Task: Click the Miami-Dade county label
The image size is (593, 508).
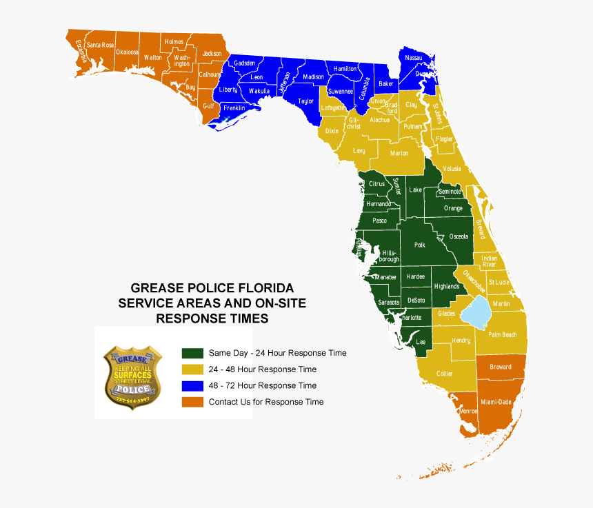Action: (496, 402)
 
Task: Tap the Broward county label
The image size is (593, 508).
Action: (501, 367)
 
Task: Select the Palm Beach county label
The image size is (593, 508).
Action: (502, 335)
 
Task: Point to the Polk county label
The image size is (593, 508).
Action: (420, 245)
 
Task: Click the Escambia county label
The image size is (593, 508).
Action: (80, 51)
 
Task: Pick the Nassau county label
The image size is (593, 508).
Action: (414, 58)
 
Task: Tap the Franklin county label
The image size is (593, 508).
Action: (234, 108)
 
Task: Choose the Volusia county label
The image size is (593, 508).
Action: (452, 168)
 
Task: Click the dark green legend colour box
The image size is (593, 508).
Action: (192, 353)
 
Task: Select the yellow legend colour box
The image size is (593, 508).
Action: (192, 369)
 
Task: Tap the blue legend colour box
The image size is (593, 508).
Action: (192, 386)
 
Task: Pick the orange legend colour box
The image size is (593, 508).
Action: (192, 402)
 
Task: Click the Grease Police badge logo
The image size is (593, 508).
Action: (132, 373)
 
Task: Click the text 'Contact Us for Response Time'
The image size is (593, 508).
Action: (266, 402)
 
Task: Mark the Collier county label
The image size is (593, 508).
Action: (445, 374)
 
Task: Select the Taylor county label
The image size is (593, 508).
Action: (305, 101)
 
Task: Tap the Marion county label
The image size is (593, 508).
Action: (399, 153)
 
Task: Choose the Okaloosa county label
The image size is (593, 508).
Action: (127, 52)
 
